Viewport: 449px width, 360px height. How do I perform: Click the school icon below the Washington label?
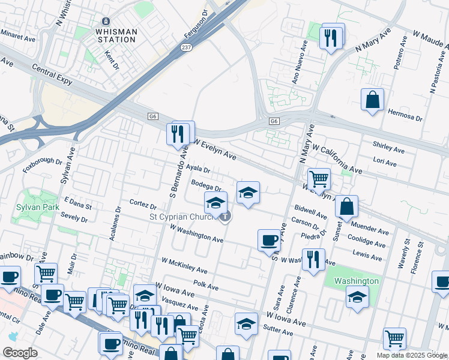357,297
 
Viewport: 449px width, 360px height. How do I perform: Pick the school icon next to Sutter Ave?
246,324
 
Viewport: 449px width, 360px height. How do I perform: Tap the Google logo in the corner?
20,353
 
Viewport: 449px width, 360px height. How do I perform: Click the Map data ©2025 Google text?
412,355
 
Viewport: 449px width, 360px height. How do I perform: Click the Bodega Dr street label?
206,185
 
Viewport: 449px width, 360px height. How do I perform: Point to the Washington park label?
357,281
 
